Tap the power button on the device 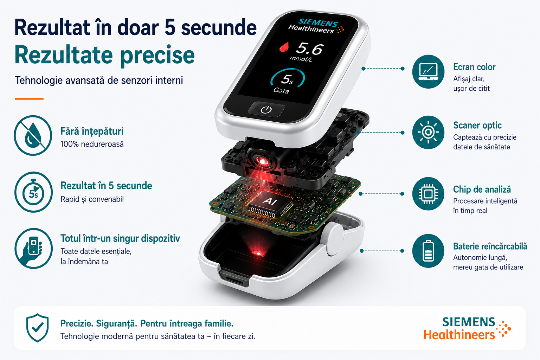point(266,109)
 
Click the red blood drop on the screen point(284,46)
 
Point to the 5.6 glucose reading point(309,49)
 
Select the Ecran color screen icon point(428,71)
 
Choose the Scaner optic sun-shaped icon point(428,132)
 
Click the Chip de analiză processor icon point(428,194)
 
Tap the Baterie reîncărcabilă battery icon point(428,251)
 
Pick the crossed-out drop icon point(33,135)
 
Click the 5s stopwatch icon point(33,192)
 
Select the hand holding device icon point(33,248)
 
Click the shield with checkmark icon point(37,328)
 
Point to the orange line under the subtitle point(29,99)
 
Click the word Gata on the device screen point(281,90)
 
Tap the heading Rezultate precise point(105,56)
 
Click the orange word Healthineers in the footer point(459,335)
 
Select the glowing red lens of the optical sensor point(262,161)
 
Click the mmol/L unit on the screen point(301,59)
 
